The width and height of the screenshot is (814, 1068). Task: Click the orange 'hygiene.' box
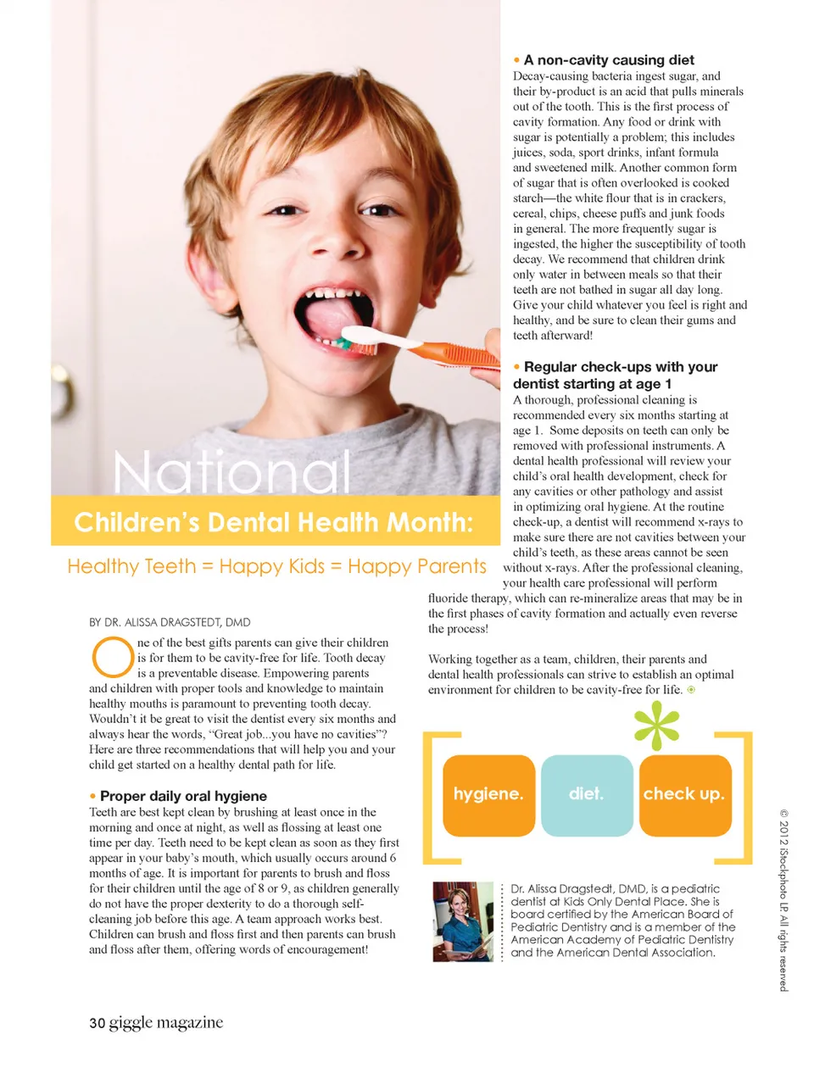coord(488,794)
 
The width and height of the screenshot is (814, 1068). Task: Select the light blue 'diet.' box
coord(586,794)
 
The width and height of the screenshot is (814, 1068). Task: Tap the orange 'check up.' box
coord(684,794)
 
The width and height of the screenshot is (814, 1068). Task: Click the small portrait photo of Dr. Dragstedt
coord(463,921)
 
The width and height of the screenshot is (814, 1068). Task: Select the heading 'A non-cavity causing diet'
coord(609,60)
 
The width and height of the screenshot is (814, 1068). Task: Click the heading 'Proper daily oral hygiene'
coord(183,796)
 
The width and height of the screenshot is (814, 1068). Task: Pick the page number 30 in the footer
coord(97,1023)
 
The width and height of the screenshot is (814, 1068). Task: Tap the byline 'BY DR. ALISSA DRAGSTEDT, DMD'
coord(170,622)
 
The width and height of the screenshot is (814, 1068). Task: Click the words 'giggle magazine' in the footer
coord(166,1022)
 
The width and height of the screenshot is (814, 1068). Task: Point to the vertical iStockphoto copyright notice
coord(783,899)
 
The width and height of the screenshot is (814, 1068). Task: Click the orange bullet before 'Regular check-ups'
coord(517,367)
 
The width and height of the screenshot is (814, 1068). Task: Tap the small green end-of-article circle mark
coord(691,690)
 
